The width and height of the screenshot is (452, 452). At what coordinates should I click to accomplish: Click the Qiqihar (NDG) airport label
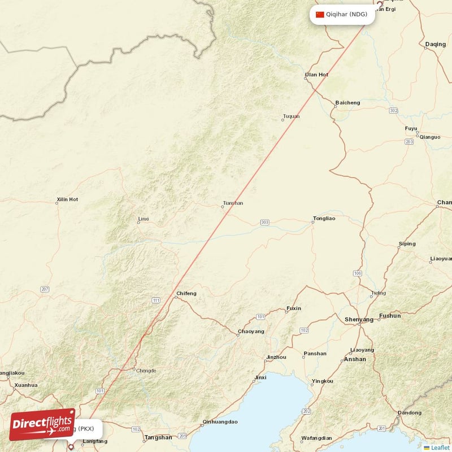pos(346,15)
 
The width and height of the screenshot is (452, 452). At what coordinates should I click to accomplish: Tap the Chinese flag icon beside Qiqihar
pos(320,15)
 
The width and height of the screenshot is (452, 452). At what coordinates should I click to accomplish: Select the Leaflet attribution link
pos(440,447)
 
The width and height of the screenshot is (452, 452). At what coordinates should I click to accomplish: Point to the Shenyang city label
pos(359,320)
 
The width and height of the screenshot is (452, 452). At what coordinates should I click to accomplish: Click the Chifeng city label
pos(186,293)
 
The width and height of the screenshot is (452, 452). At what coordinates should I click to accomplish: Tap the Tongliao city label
pos(324,218)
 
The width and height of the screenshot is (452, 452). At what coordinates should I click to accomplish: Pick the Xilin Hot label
pos(67,199)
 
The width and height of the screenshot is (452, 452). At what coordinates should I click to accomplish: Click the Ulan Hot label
pos(316,75)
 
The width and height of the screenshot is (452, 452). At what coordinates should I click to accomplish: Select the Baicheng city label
pos(347,103)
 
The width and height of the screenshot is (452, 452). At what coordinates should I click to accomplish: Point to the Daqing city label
pos(435,44)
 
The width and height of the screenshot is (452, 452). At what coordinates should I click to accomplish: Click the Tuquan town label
pos(291,116)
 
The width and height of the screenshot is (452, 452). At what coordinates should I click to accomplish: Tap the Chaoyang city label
pos(251,331)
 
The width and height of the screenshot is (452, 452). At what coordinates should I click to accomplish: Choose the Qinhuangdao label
pos(220,421)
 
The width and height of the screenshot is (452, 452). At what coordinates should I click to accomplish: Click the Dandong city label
pos(410,412)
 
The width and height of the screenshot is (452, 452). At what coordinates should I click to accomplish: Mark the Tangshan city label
pos(159,437)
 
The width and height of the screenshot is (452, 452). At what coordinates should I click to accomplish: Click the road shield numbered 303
pos(265,223)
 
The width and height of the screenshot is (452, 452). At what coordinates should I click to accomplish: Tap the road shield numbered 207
pos(45,289)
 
